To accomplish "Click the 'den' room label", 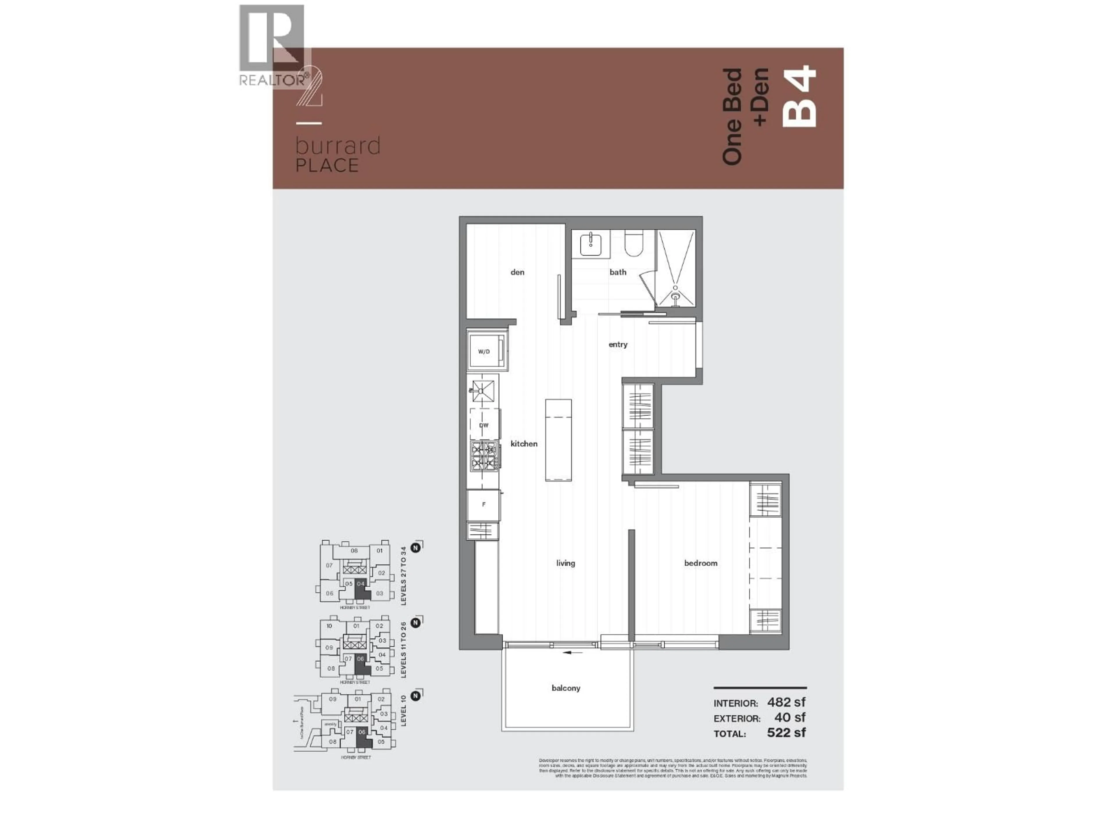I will (517, 272).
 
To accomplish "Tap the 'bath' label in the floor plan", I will (618, 272).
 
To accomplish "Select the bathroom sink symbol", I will (590, 244).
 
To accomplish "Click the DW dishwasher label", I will (484, 425).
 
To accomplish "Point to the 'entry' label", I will (618, 345).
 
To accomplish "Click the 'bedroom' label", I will (700, 563).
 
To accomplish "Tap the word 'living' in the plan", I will (565, 563).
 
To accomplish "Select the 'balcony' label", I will (565, 688).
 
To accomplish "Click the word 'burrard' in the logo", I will (338, 146).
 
